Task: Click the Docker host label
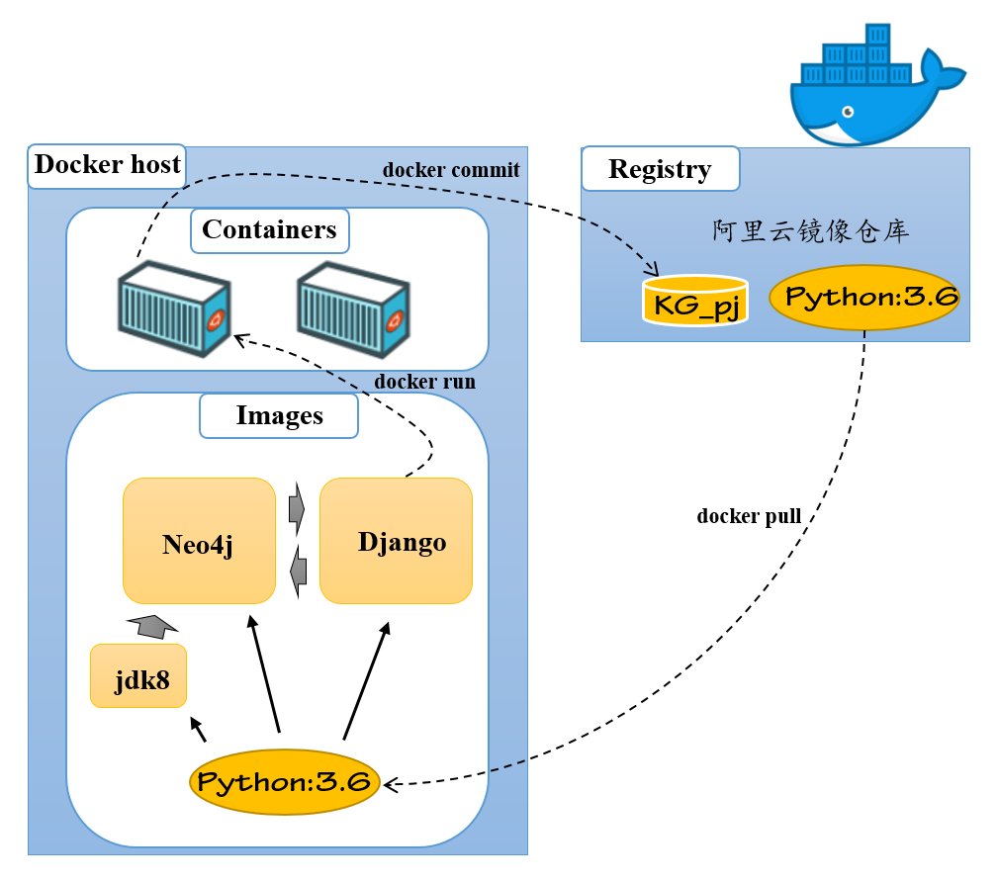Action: [108, 164]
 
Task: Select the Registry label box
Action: [660, 169]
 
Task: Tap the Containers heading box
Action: [269, 230]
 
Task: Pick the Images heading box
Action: [279, 415]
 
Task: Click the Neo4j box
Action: [199, 541]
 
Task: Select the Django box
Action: [397, 541]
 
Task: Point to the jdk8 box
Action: [138, 675]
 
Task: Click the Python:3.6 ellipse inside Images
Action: [285, 782]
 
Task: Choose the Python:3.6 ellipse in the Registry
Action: [864, 297]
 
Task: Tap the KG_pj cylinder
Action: [695, 301]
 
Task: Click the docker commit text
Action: [451, 170]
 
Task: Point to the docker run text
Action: [425, 382]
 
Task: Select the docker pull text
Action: [749, 516]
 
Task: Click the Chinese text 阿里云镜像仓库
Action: [811, 231]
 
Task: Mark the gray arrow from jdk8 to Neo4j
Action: [152, 625]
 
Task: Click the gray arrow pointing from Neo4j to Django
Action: [297, 509]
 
